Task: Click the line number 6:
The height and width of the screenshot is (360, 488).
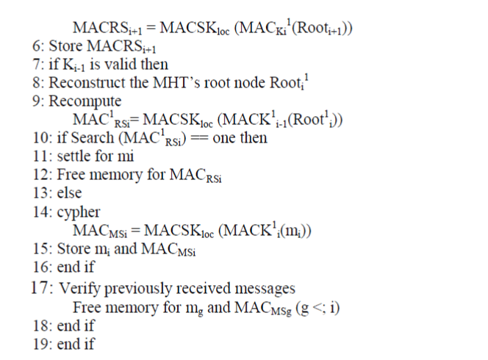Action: [39, 46]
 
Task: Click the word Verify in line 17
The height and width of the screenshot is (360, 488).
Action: [76, 287]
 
